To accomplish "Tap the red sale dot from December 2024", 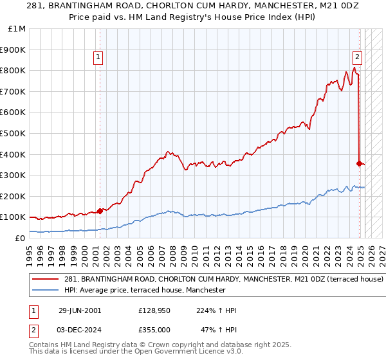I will click(360, 163).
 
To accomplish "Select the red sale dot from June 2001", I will click(100, 211).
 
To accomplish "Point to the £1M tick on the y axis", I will click(17, 28).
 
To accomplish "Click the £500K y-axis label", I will click(14, 133).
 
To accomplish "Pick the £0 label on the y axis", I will click(21, 238).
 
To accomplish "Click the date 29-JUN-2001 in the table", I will click(80, 310).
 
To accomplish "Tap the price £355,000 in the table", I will click(154, 328).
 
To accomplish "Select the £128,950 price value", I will click(154, 310).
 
